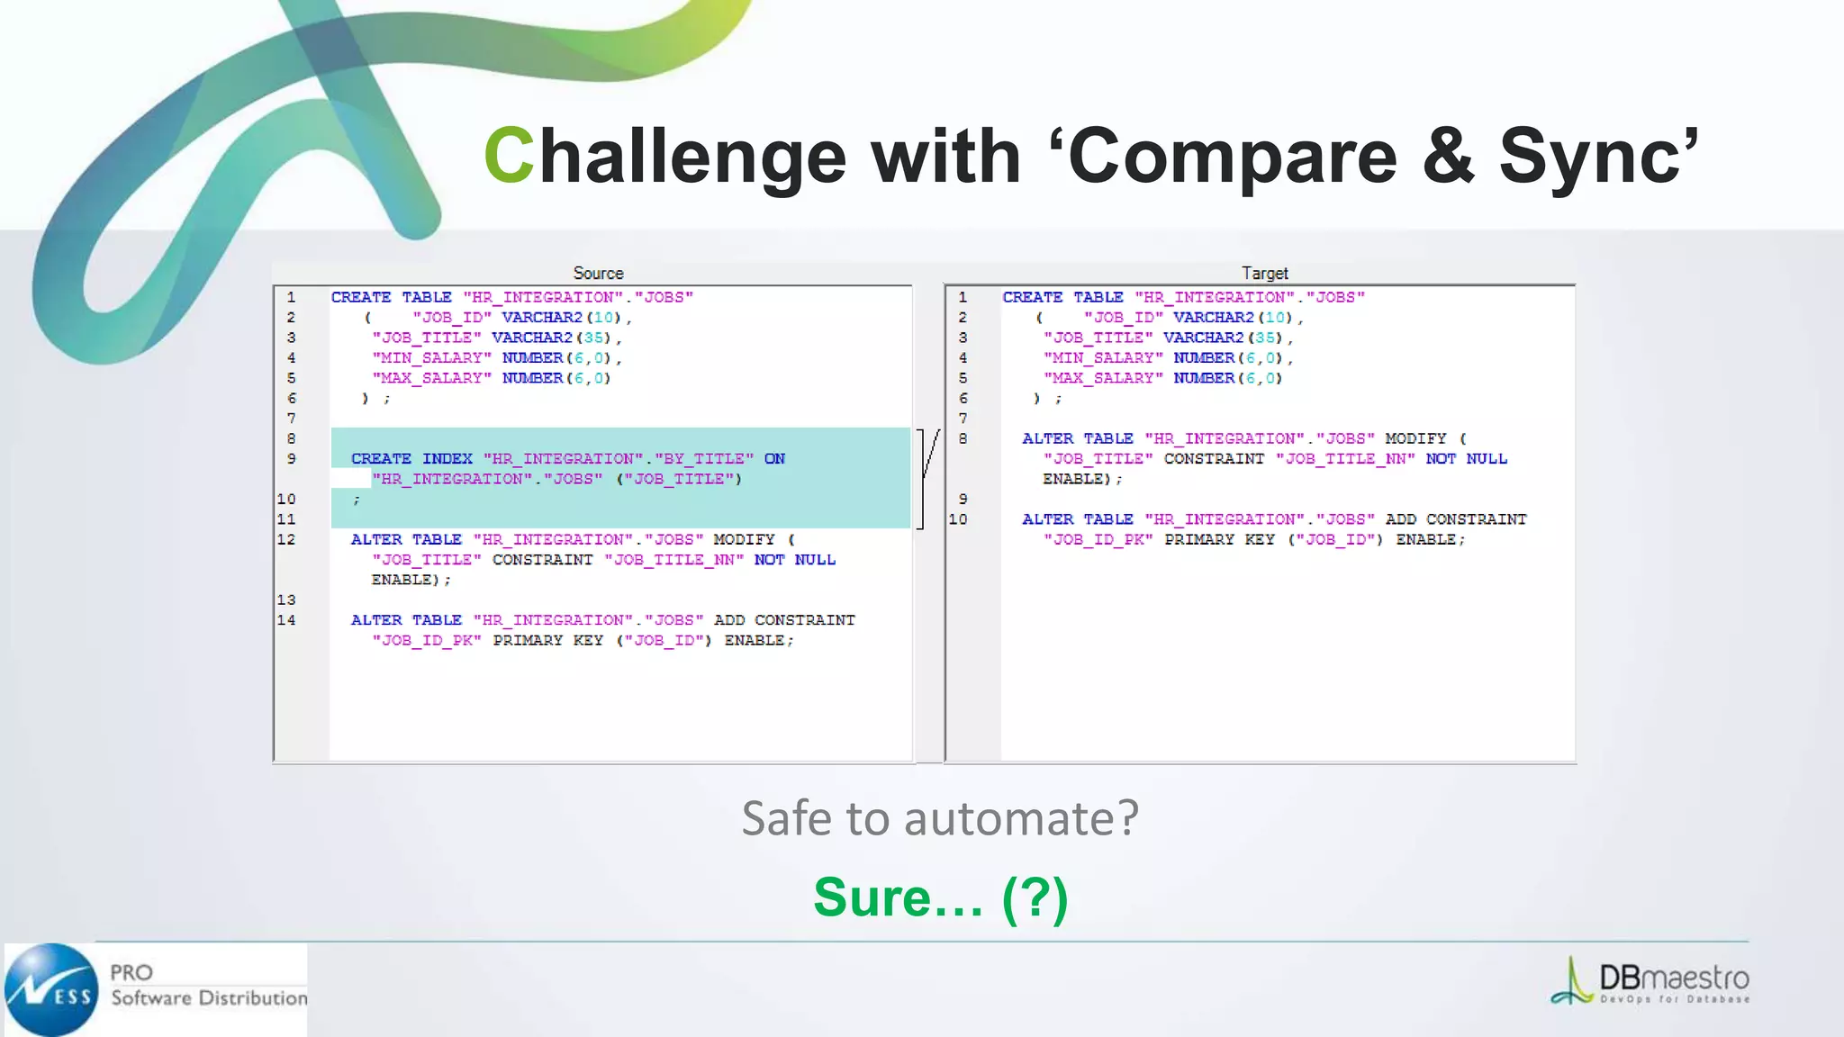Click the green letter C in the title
tap(509, 155)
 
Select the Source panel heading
tap(598, 273)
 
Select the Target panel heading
tap(1264, 273)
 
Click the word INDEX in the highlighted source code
tap(447, 458)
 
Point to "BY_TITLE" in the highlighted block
tap(703, 458)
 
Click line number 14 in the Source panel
tap(286, 620)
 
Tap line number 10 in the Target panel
tap(958, 519)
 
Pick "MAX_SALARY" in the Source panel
tap(432, 378)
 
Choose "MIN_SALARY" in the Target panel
tap(1103, 357)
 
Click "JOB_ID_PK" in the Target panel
tap(1098, 539)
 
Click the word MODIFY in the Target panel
tap(1415, 438)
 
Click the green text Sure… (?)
tap(940, 897)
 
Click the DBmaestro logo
tap(1650, 981)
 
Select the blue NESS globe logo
tap(50, 989)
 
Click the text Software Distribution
tap(209, 997)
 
